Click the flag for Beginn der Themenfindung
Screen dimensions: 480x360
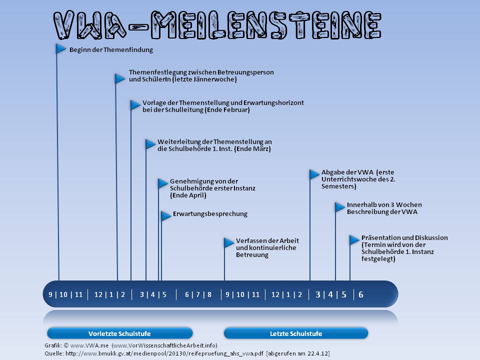pyautogui.click(x=61, y=48)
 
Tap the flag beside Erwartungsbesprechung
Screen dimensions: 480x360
pyautogui.click(x=166, y=216)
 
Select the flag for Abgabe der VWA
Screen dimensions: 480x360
pyautogui.click(x=314, y=174)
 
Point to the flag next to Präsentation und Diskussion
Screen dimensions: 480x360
pyautogui.click(x=354, y=239)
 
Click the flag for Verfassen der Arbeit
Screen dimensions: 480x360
pyautogui.click(x=229, y=242)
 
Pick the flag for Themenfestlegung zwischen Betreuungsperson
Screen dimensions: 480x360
pyautogui.click(x=120, y=78)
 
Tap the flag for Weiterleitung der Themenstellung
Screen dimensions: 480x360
pyautogui.click(x=150, y=144)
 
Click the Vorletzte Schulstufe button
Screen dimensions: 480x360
pyautogui.click(x=119, y=333)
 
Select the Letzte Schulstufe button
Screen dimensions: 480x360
pyautogui.click(x=296, y=333)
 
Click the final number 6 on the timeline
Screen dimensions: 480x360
pyautogui.click(x=361, y=294)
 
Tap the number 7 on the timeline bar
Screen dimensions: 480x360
pyautogui.click(x=198, y=294)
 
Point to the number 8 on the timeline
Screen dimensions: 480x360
pyautogui.click(x=209, y=294)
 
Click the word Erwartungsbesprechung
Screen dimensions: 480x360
pyautogui.click(x=210, y=213)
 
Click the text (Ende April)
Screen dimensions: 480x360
pyautogui.click(x=188, y=195)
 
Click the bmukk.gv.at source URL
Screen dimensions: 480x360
pyautogui.click(x=164, y=353)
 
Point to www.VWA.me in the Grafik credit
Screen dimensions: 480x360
pyautogui.click(x=89, y=345)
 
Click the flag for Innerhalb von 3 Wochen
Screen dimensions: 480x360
pyautogui.click(x=340, y=207)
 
